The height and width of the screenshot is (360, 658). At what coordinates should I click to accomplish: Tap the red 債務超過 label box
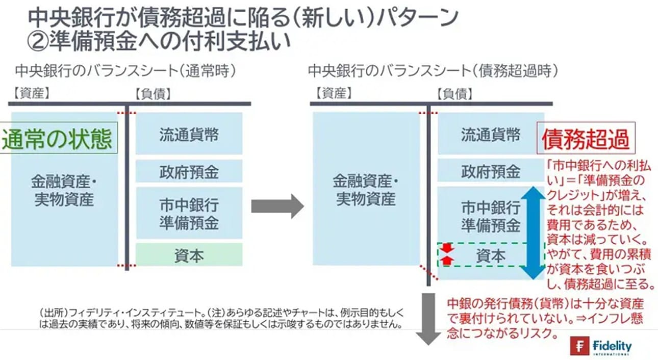[586, 138]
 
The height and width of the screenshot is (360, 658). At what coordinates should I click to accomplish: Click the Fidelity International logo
[601, 347]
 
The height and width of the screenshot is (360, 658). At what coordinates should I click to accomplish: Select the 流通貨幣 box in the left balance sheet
[189, 135]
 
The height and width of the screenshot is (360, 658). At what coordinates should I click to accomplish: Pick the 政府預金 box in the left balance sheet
[189, 171]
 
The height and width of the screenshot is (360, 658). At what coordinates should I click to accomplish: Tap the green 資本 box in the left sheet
[189, 255]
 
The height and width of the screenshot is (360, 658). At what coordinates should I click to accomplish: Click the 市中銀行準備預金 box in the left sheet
[189, 214]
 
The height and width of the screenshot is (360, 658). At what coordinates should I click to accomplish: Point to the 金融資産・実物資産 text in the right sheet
[366, 190]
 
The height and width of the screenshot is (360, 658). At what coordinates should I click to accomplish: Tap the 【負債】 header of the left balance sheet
[153, 93]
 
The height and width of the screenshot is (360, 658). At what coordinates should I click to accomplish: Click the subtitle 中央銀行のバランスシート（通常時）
[125, 71]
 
